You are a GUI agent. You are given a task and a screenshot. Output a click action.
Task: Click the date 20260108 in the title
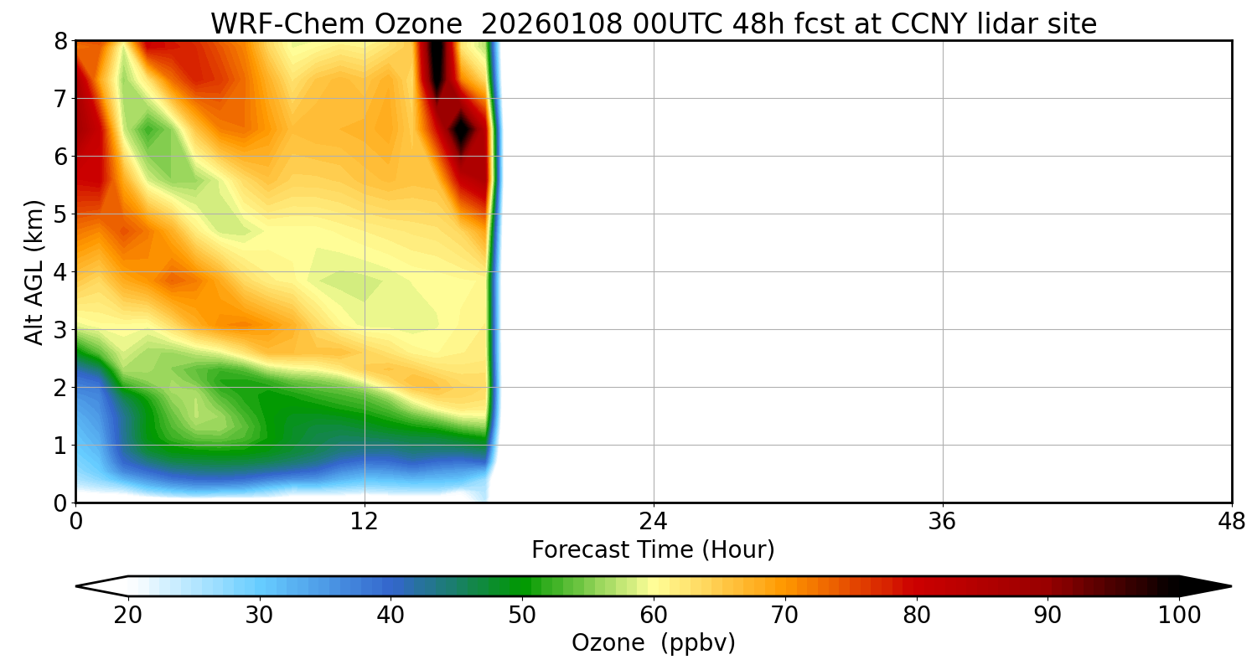[551, 24]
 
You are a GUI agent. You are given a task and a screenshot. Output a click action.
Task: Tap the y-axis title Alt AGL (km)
[34, 271]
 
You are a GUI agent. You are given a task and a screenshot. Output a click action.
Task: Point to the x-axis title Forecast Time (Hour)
[653, 550]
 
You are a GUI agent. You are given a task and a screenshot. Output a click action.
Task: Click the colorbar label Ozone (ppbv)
[653, 643]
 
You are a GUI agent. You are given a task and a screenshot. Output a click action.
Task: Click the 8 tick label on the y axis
[60, 41]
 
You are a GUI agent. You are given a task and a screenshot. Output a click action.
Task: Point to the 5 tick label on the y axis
[60, 214]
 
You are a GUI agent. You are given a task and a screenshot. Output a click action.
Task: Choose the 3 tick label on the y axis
[60, 330]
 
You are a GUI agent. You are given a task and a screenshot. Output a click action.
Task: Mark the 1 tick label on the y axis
[60, 446]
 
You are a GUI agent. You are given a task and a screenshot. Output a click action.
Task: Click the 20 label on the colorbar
[128, 616]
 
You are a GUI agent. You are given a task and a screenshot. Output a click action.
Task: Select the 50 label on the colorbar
[522, 616]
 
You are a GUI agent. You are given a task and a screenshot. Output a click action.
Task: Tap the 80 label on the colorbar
[917, 616]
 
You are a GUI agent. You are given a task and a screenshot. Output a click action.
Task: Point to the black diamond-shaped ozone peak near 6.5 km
[461, 130]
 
